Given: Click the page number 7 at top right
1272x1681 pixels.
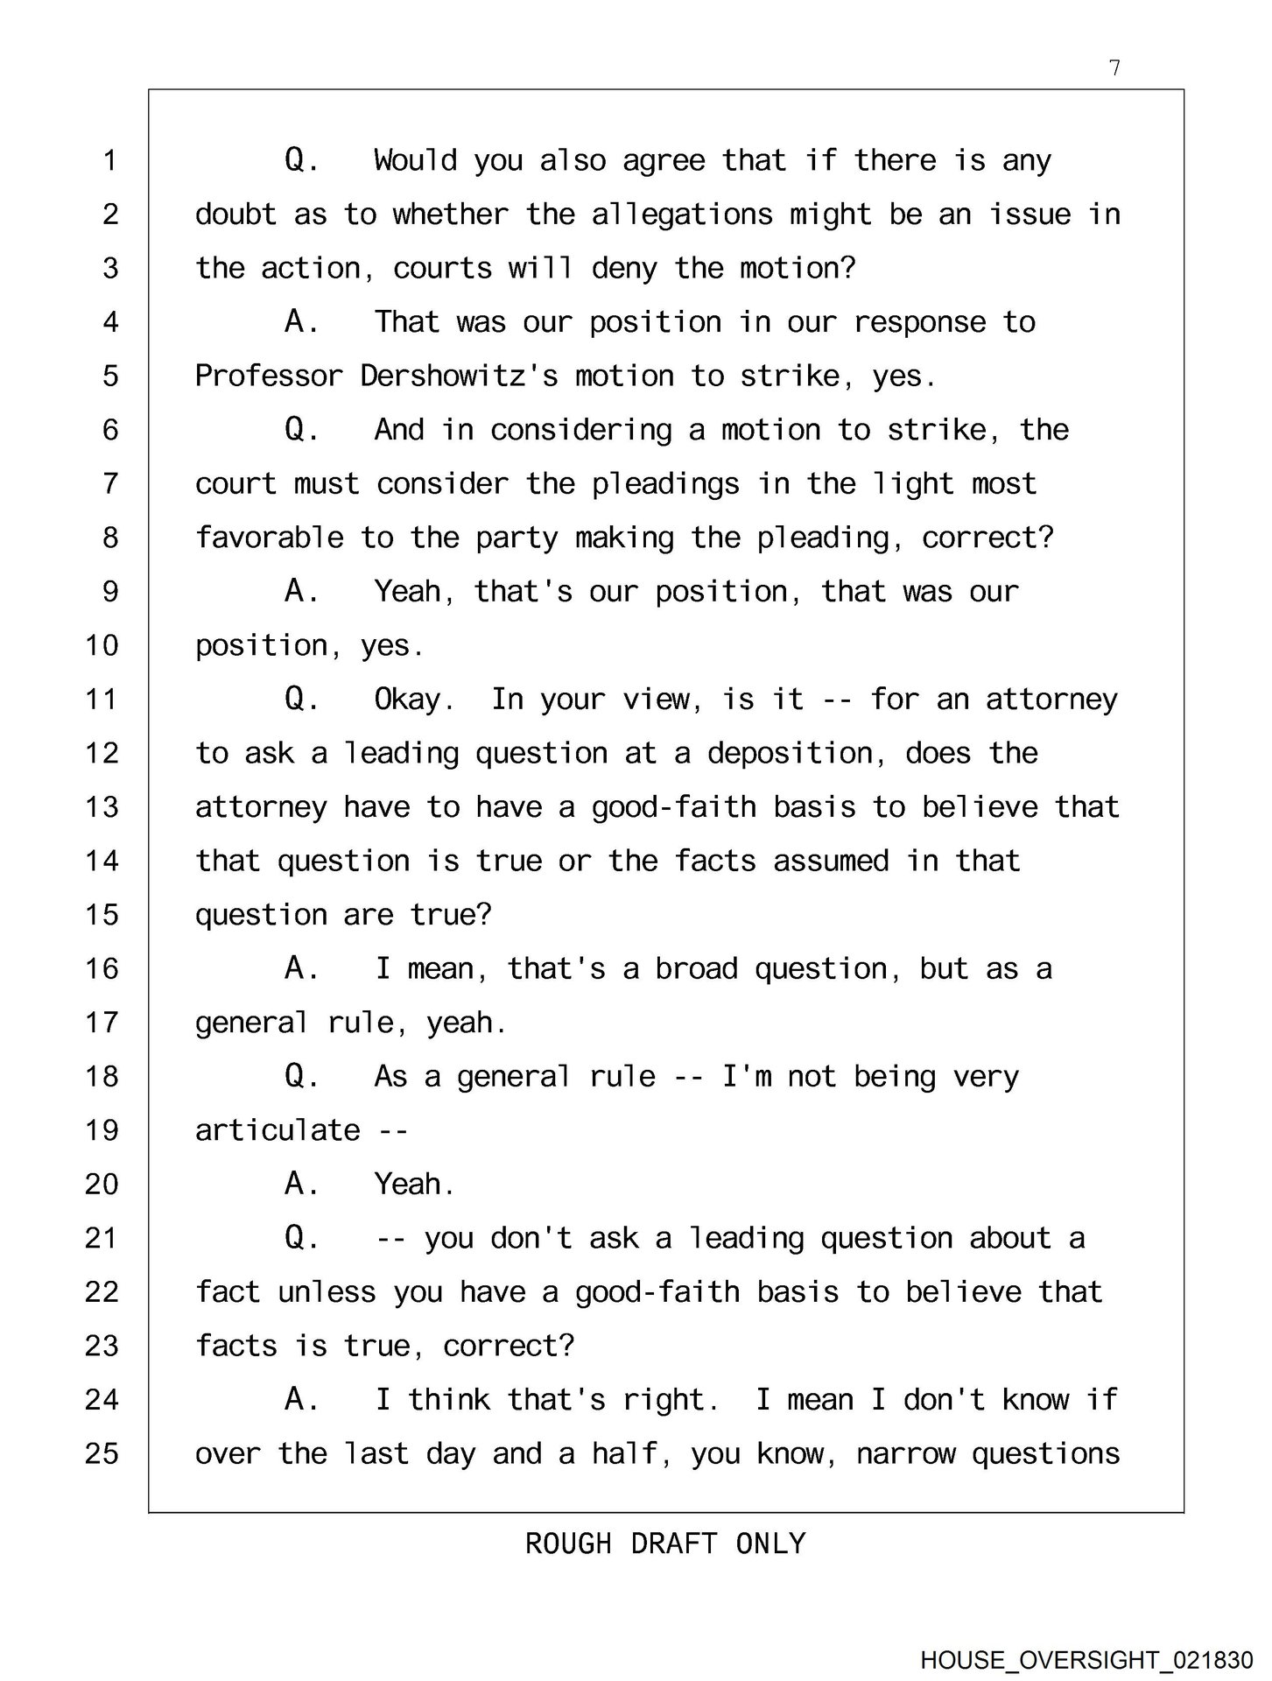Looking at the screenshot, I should (x=1114, y=68).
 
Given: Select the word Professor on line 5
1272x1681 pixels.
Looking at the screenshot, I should (x=269, y=376).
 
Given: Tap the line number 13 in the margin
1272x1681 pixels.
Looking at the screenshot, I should (x=102, y=807).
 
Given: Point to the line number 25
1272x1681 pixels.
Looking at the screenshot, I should (x=102, y=1453).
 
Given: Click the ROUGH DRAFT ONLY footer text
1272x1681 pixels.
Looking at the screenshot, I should (x=665, y=1543).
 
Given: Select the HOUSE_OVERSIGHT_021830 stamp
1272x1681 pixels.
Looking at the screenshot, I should (x=1086, y=1660).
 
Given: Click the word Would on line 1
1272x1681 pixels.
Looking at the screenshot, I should (x=415, y=161).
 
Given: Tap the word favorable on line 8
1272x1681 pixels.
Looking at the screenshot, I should (x=269, y=538).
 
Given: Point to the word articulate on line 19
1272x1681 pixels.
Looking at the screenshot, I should (x=278, y=1130).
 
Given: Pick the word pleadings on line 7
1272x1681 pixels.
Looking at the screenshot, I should (x=665, y=484).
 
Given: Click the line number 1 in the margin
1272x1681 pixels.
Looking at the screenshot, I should (x=110, y=161).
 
